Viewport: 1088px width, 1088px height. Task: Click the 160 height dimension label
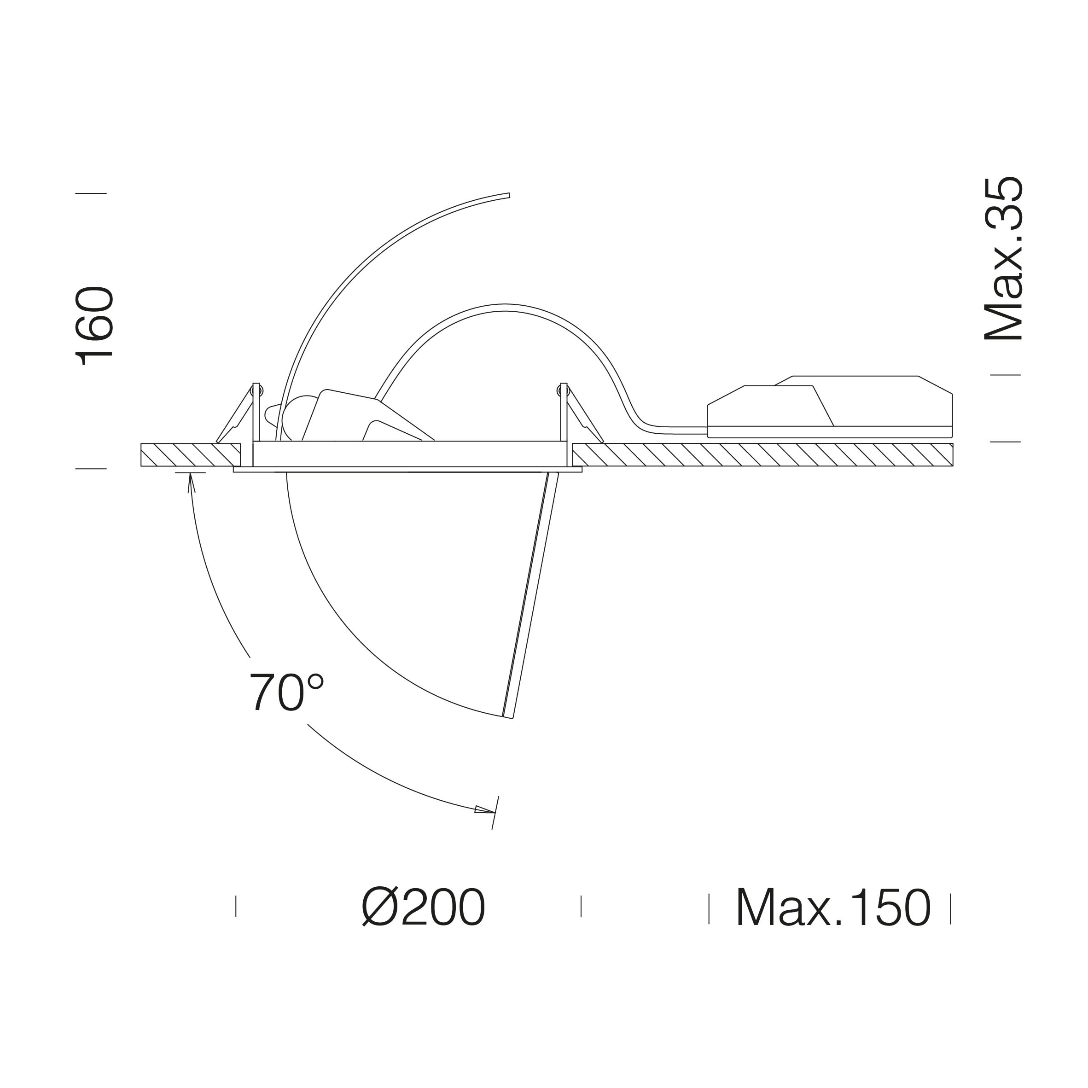click(x=94, y=326)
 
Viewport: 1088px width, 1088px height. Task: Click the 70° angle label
click(x=286, y=692)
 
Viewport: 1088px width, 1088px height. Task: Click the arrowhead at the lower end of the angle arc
click(x=484, y=810)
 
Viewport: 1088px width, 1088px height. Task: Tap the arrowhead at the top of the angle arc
click(x=190, y=483)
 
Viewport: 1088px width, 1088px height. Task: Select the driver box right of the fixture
click(x=830, y=407)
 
